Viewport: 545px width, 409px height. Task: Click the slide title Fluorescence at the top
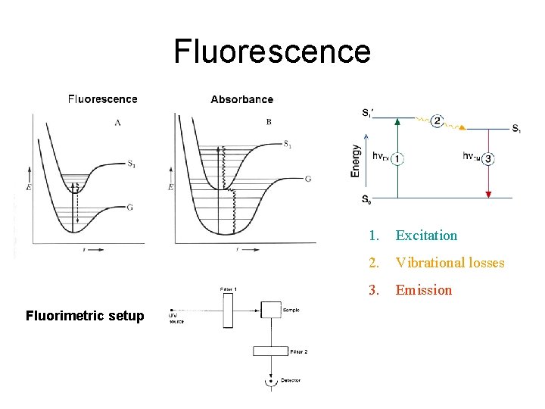click(272, 52)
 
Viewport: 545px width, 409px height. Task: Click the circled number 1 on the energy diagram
click(398, 158)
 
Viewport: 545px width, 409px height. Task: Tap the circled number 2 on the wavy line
click(437, 121)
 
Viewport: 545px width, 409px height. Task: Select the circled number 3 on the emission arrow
click(489, 158)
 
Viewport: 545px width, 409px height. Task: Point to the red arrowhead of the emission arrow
click(489, 194)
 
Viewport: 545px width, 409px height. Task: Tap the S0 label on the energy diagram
click(366, 201)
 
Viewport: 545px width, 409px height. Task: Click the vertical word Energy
click(356, 161)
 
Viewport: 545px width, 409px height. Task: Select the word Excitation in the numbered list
click(426, 236)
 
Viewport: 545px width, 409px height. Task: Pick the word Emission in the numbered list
click(423, 290)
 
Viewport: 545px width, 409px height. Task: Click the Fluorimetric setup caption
click(84, 316)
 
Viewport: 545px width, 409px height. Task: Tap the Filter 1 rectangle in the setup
click(229, 311)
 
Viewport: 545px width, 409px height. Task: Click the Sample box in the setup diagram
click(271, 311)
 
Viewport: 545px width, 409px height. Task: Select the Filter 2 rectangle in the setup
click(270, 351)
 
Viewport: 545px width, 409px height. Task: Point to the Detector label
click(291, 380)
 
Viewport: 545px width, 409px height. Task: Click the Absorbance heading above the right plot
click(241, 99)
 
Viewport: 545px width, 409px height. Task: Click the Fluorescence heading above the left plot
click(103, 99)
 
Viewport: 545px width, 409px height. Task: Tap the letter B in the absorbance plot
click(269, 121)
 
